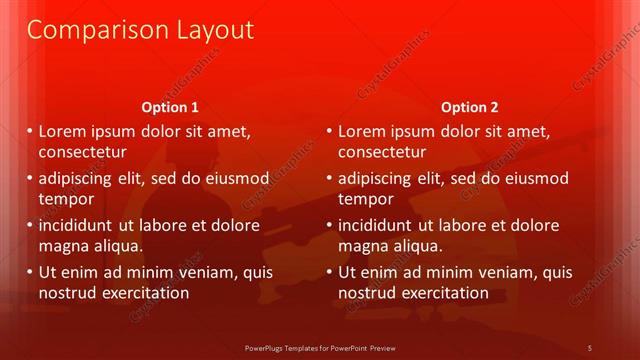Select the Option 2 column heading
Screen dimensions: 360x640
(469, 107)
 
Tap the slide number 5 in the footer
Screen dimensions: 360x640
(590, 347)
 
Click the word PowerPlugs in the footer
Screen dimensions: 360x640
(268, 347)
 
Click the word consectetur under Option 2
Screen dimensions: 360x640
(382, 152)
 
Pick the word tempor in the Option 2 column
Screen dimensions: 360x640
(365, 198)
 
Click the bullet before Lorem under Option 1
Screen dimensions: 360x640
(30, 132)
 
